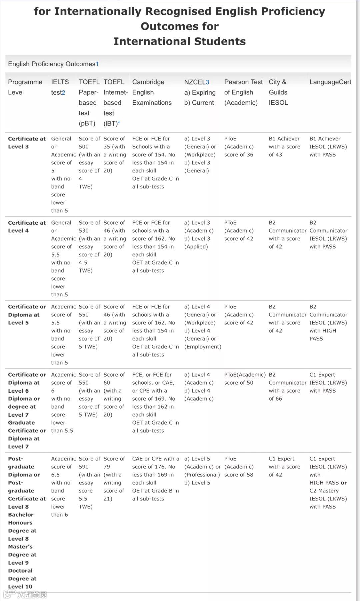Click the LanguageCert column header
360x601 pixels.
[330, 82]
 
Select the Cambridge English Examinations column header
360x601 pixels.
[152, 92]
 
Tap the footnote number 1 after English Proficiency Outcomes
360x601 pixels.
[97, 64]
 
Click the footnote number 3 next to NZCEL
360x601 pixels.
[207, 82]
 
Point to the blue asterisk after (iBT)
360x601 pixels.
[119, 123]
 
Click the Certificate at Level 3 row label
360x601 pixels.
[27, 143]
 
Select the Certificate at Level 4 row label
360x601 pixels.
[27, 227]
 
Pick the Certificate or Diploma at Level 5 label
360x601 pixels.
[27, 315]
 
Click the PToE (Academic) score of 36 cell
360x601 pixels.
[239, 147]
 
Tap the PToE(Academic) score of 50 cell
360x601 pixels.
[245, 379]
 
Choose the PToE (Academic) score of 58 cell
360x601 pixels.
[239, 467]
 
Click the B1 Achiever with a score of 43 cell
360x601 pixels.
[284, 147]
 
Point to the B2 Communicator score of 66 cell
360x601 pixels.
[287, 387]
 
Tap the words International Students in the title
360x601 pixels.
[180, 41]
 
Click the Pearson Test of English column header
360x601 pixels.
[243, 92]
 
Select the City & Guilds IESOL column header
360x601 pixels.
[278, 92]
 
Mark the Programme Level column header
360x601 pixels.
[25, 87]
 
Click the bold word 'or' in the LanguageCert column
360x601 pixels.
[344, 483]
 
